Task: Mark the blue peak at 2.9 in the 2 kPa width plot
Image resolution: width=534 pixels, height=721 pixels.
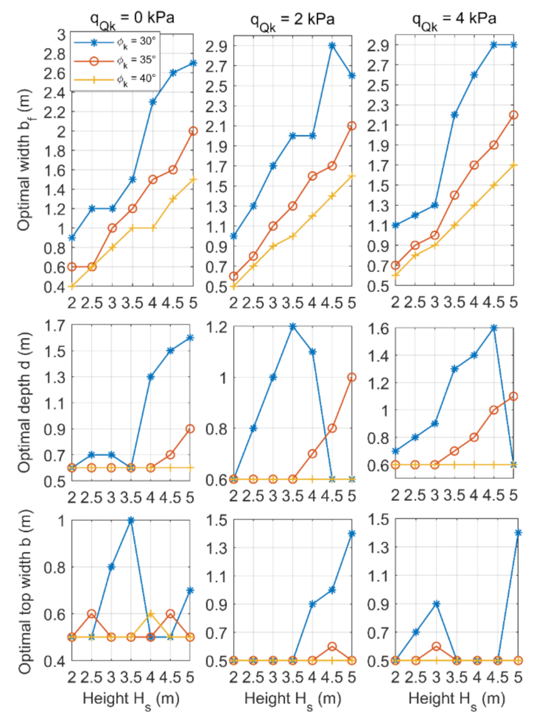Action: (x=331, y=45)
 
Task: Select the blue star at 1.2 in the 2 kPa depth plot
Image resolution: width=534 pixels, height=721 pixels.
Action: (x=293, y=326)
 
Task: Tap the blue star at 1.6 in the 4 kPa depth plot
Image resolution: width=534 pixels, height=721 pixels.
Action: (x=493, y=328)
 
